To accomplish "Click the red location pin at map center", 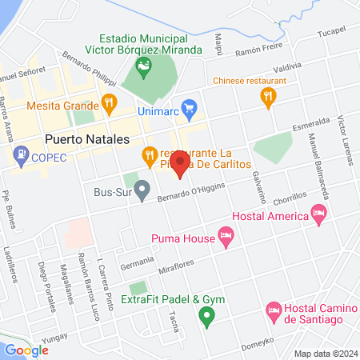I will [x=179, y=164].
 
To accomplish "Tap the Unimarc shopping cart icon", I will [x=189, y=107].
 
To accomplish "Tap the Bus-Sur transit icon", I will [x=142, y=191].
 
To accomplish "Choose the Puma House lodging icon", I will [x=226, y=236].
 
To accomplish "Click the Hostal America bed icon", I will [x=319, y=214].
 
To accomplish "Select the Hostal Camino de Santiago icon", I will [x=273, y=309].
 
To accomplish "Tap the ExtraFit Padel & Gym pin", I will [x=207, y=317].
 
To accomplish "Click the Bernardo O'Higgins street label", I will [x=191, y=191].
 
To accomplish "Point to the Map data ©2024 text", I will [x=323, y=354].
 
